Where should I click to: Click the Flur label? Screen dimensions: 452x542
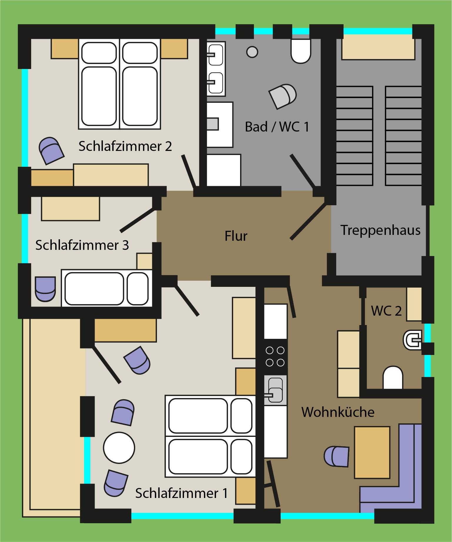(x=236, y=236)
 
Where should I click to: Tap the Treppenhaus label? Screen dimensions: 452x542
(x=381, y=230)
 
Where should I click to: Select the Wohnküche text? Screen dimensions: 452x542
(x=338, y=412)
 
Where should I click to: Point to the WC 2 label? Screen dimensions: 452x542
(x=386, y=311)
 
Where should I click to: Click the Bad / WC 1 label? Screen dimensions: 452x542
(x=277, y=127)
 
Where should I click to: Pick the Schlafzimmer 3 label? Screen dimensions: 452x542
(x=82, y=245)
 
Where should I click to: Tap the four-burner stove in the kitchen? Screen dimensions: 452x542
(x=275, y=356)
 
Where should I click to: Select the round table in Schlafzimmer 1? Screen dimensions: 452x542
(x=119, y=448)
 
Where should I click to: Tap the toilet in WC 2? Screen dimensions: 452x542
(x=393, y=377)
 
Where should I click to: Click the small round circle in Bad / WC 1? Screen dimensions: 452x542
(x=252, y=52)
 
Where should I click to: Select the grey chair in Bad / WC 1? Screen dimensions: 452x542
(x=282, y=96)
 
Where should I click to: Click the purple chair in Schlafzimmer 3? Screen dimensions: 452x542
(x=45, y=289)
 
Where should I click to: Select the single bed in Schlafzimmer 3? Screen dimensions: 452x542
(x=107, y=288)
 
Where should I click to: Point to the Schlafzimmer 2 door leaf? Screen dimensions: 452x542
(x=188, y=171)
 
